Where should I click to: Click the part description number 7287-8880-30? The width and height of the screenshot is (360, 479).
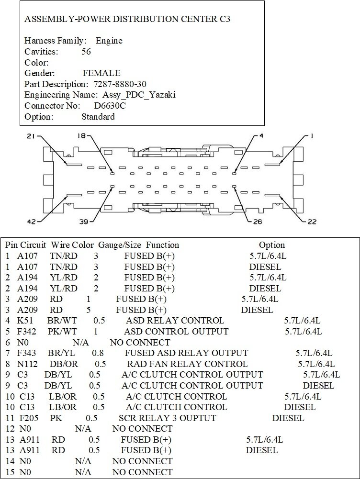click(x=116, y=84)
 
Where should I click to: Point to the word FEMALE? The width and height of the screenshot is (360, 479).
click(x=101, y=73)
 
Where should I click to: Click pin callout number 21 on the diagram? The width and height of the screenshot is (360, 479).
click(x=31, y=136)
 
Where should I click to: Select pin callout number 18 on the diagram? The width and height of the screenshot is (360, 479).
click(x=81, y=136)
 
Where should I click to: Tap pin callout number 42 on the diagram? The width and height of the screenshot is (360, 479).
click(x=31, y=222)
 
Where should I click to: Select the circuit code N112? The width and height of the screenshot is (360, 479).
click(x=28, y=364)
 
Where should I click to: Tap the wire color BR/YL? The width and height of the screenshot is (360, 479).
click(x=61, y=353)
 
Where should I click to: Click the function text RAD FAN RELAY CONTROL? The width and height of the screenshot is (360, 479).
click(x=180, y=364)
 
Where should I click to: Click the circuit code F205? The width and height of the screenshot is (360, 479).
click(x=30, y=418)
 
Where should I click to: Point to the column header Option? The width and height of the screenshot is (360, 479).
click(x=271, y=245)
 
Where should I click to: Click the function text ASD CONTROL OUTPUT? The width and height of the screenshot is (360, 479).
click(x=176, y=331)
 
